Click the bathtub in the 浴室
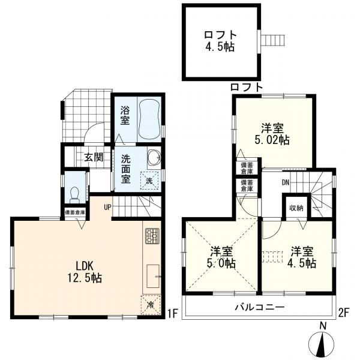coord(150,119)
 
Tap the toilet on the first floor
coord(74,195)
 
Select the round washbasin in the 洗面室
coord(154,157)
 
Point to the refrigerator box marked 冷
coord(151,305)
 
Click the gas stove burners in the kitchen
coord(152,236)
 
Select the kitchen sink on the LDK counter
coord(153,276)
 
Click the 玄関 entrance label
coord(94,157)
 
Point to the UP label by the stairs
coord(107,208)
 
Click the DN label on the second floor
coord(286,182)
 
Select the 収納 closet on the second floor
coord(296,208)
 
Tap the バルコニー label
coord(260,307)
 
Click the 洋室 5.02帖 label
coord(272,134)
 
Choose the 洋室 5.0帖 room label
coord(221,257)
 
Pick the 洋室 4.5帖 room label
coord(302,257)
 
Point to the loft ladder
coord(273,41)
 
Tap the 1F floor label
coord(172,314)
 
